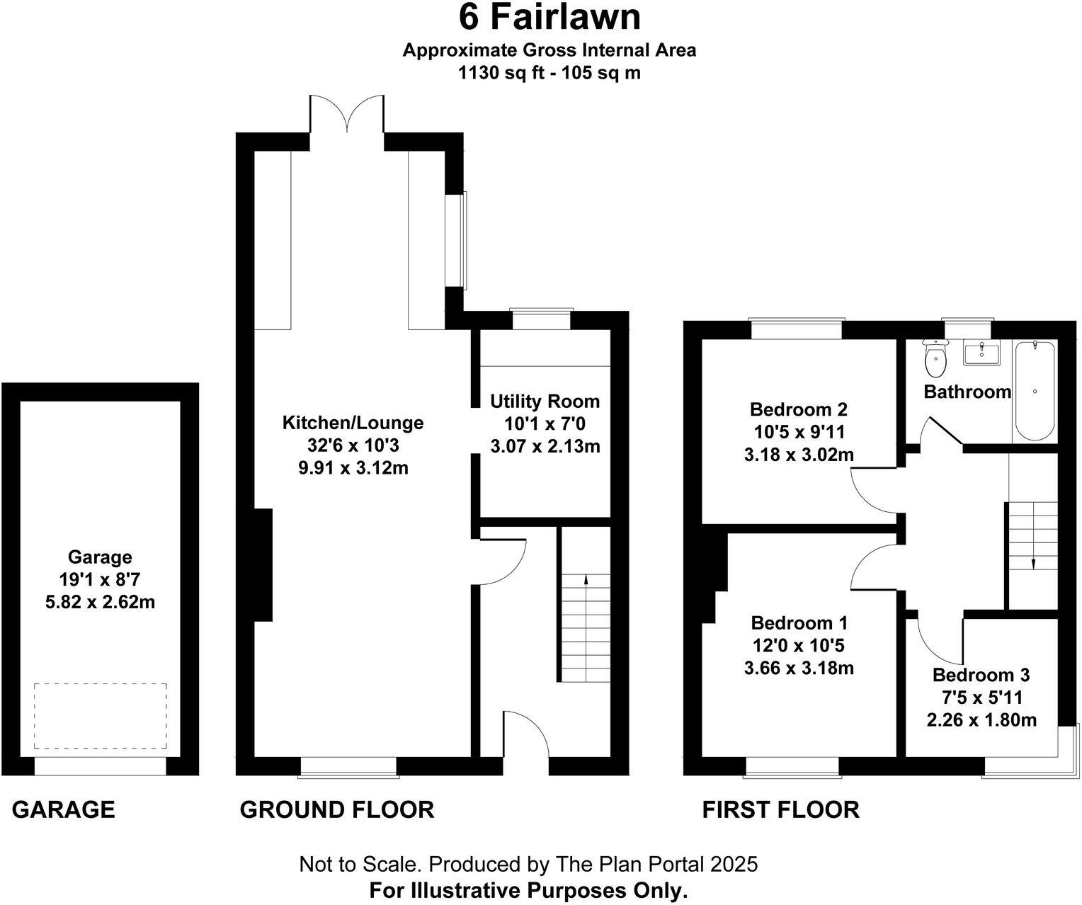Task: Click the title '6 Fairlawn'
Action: click(549, 18)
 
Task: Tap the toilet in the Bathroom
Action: click(935, 360)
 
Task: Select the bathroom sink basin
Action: click(981, 353)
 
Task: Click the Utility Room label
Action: click(545, 402)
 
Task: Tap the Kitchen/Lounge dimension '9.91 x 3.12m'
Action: click(353, 468)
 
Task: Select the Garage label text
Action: click(100, 557)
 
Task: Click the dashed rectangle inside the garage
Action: click(101, 716)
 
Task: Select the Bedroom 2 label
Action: click(799, 409)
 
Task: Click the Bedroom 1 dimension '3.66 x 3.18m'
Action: click(799, 668)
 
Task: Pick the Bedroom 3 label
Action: click(981, 675)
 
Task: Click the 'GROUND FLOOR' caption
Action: click(336, 809)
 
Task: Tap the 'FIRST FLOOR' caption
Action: click(780, 809)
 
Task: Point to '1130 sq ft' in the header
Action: click(503, 72)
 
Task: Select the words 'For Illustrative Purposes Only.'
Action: click(528, 890)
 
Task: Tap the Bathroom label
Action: click(967, 392)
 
